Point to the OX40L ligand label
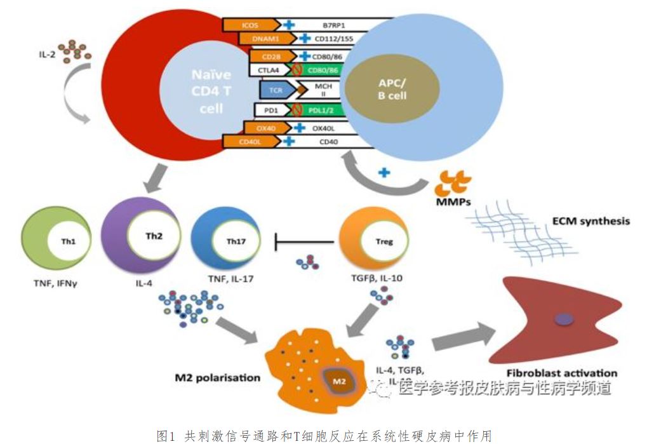pos(326,127)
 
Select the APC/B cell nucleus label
pos(384,88)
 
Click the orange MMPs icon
pos(453,184)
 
